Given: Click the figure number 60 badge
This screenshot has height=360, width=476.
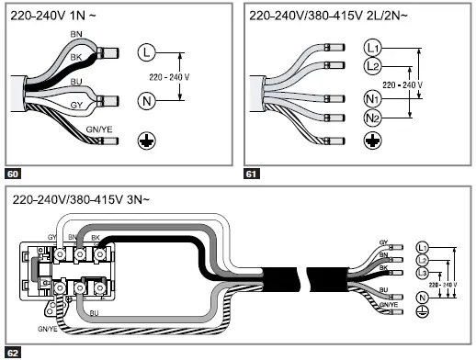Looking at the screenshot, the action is [x=13, y=174].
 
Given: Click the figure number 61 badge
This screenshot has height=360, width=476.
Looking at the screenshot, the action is [x=251, y=174].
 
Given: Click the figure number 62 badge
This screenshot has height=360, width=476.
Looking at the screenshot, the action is [x=13, y=353].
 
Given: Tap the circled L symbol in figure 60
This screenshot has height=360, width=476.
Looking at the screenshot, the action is [x=147, y=52].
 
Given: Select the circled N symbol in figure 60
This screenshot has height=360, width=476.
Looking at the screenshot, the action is [x=147, y=101].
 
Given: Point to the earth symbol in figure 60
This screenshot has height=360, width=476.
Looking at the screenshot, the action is [x=146, y=141].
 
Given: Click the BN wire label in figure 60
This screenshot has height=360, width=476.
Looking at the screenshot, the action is [x=76, y=34].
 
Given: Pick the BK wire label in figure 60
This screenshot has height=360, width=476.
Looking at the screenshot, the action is [x=76, y=57].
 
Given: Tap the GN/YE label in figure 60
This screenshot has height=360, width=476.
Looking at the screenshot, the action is [x=99, y=129].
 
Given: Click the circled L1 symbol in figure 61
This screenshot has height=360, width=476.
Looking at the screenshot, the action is [x=372, y=48].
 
